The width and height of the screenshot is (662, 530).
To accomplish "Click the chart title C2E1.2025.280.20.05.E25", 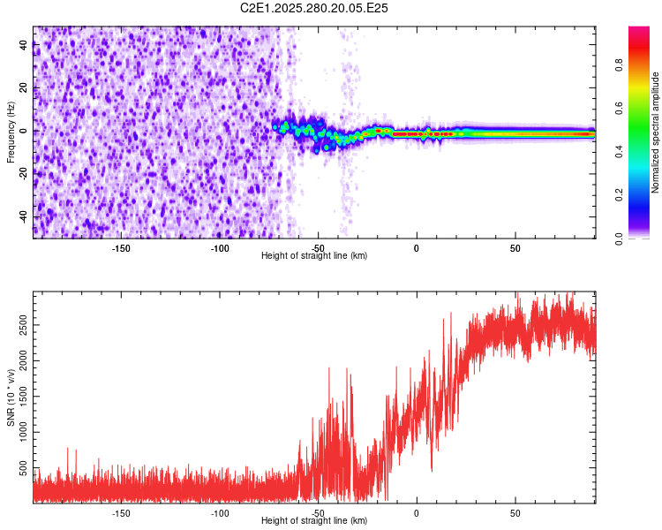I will coord(314,8).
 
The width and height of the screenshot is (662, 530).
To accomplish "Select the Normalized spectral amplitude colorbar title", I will coord(656,132).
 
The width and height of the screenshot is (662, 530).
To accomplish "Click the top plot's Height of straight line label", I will coord(314,255).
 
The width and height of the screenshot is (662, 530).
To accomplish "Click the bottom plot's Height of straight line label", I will coord(314,520).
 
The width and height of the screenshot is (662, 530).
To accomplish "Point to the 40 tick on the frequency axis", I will coord(24,45).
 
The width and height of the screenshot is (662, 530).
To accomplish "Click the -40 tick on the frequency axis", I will coord(24,216).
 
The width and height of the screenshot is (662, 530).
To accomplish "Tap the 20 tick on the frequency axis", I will coord(24,88).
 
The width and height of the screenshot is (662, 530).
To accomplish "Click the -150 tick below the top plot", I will coord(122,248).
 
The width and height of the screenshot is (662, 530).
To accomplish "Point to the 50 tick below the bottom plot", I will coord(515,512).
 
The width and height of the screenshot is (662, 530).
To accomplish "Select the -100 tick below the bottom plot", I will coord(220,512).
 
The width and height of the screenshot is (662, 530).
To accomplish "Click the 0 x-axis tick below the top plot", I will coord(417,248).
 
